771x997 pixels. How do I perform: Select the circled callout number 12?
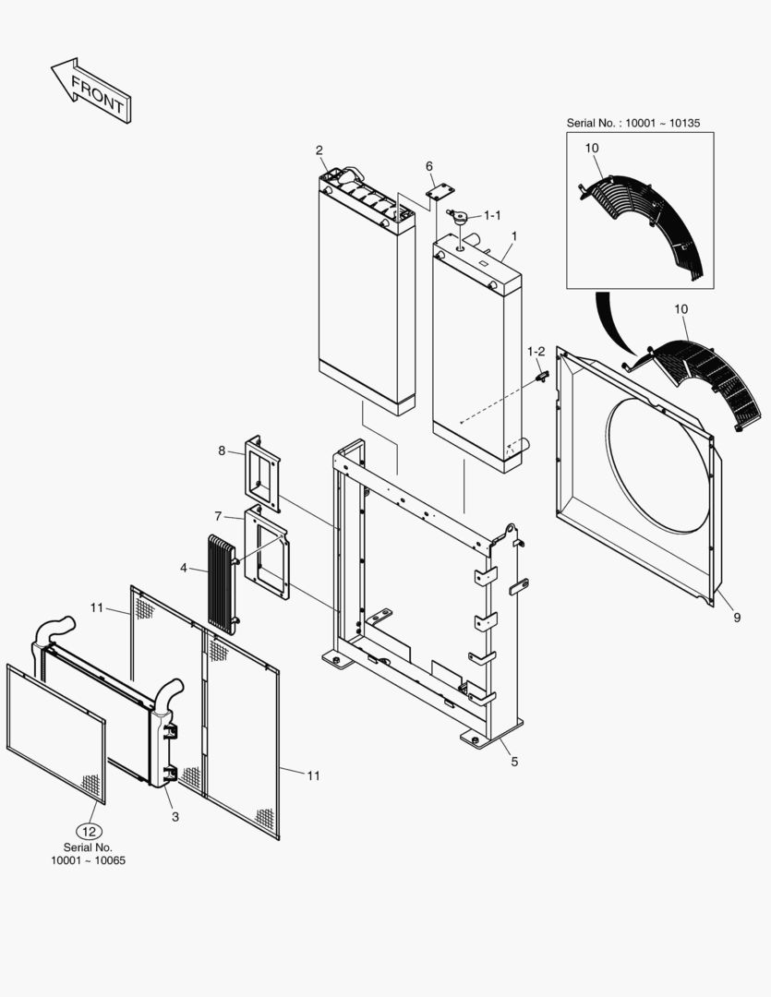[x=88, y=829]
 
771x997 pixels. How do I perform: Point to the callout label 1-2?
[x=536, y=352]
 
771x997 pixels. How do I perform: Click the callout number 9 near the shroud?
[x=736, y=618]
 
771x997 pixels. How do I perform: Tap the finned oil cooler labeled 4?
[x=222, y=582]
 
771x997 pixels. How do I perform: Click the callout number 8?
[x=222, y=450]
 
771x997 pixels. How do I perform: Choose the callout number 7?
[x=218, y=515]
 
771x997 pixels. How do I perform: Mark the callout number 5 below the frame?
[x=514, y=762]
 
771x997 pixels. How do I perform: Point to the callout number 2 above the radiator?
[x=319, y=150]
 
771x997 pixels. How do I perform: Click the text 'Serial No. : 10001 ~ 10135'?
[x=639, y=123]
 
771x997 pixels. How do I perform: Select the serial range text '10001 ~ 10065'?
[x=88, y=860]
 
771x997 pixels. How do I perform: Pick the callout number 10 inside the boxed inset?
[x=592, y=148]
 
